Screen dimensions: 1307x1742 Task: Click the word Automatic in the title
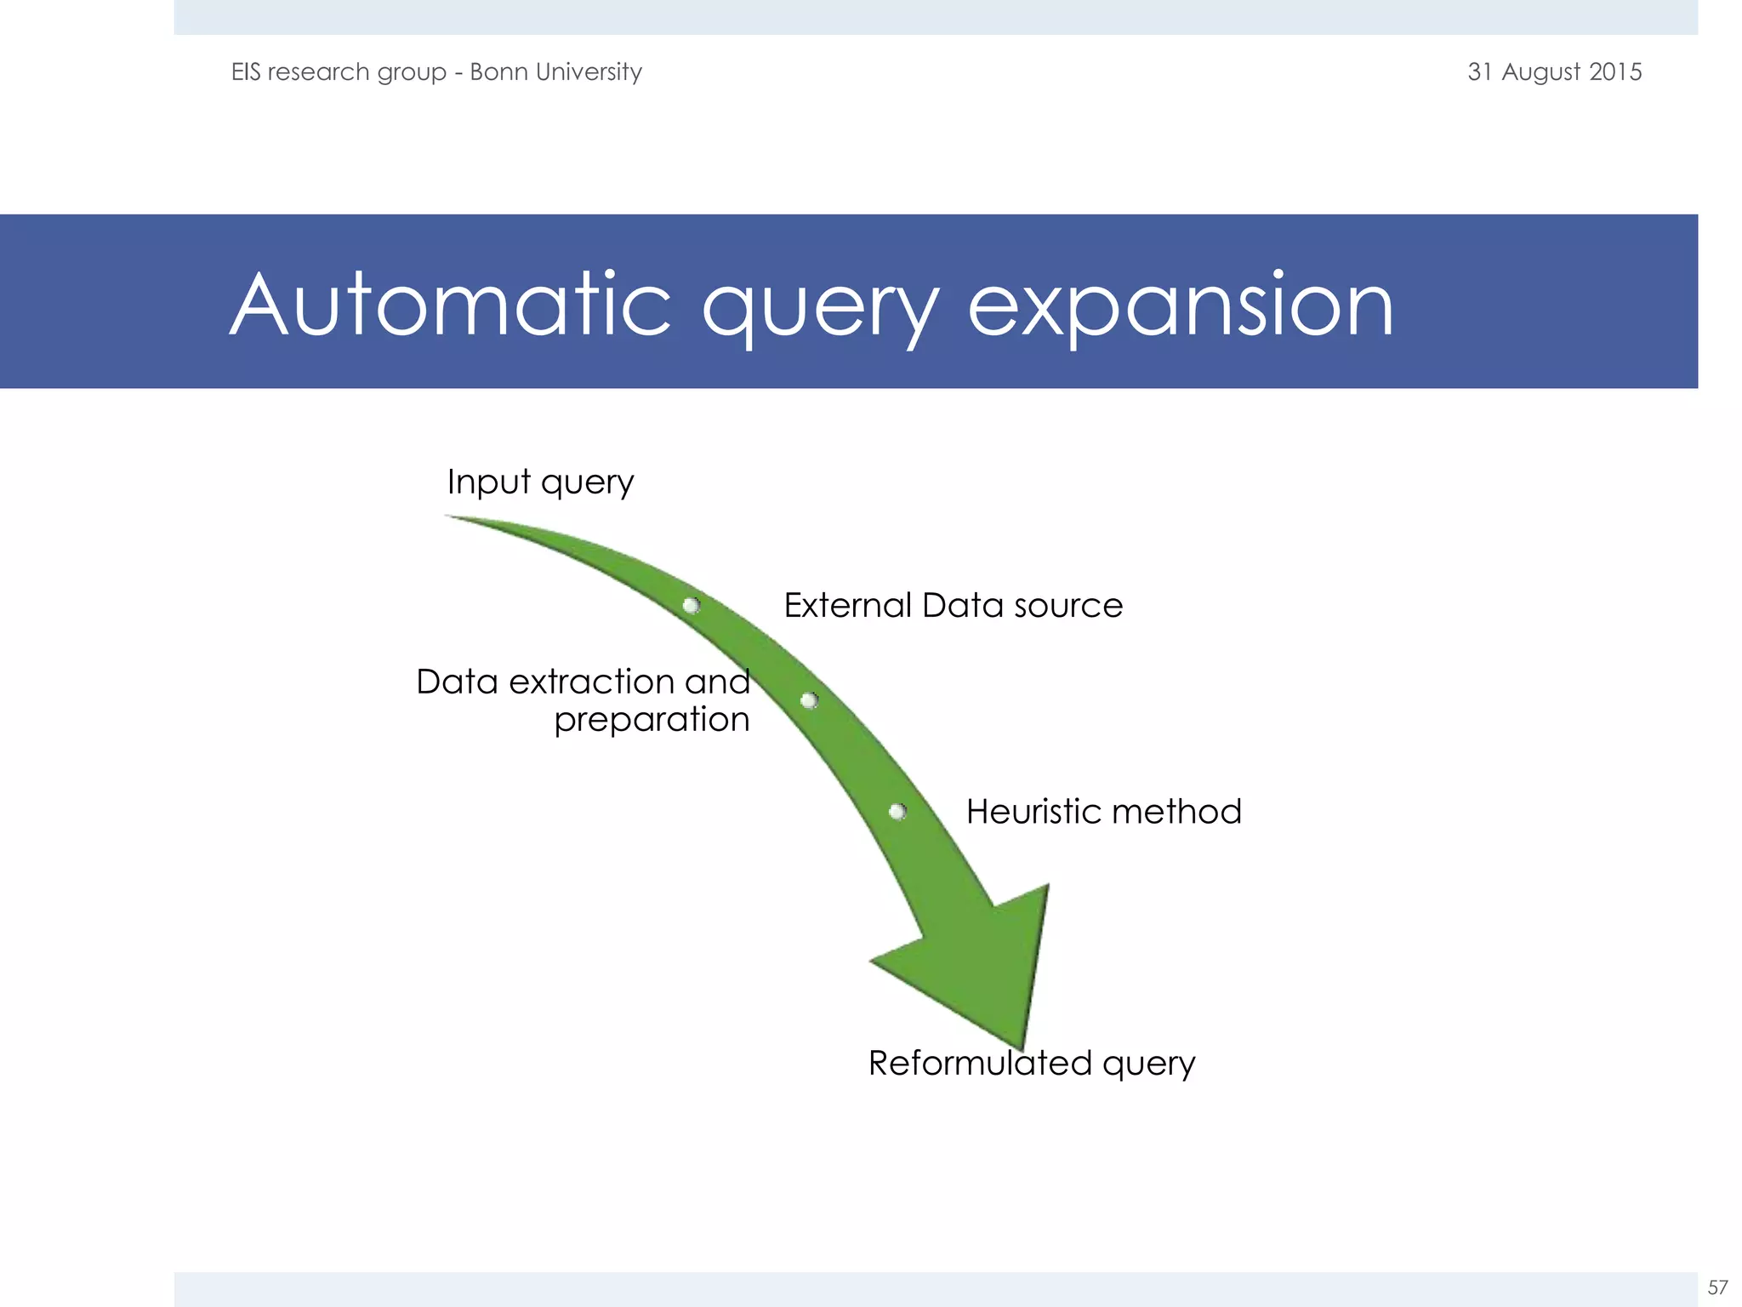pyautogui.click(x=451, y=305)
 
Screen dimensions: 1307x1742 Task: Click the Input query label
pyautogui.click(x=540, y=482)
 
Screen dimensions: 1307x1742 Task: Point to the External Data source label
pyautogui.click(x=953, y=606)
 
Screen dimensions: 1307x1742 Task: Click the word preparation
pyautogui.click(x=652, y=720)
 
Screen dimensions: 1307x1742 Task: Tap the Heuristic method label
pyautogui.click(x=1103, y=812)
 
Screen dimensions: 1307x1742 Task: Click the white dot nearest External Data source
pyautogui.click(x=692, y=605)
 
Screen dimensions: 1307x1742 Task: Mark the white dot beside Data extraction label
pyautogui.click(x=809, y=700)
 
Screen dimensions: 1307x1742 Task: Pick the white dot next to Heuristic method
pyautogui.click(x=897, y=812)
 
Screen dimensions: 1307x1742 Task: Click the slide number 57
pyautogui.click(x=1717, y=1287)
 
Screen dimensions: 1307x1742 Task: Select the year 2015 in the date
pyautogui.click(x=1615, y=71)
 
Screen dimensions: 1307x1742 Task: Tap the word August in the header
pyautogui.click(x=1540, y=71)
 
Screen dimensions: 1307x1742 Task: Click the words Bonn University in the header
pyautogui.click(x=555, y=71)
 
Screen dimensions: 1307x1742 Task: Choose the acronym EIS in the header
pyautogui.click(x=246, y=71)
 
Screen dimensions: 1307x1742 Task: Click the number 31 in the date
pyautogui.click(x=1480, y=71)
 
